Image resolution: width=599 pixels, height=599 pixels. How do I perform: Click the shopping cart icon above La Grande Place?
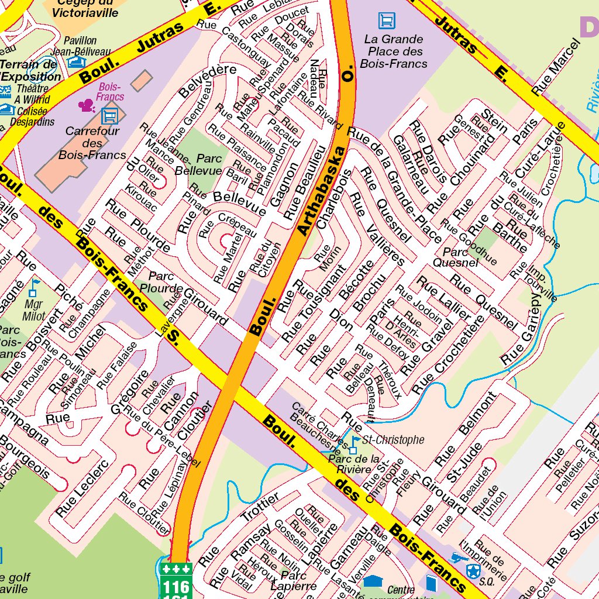pos(386,21)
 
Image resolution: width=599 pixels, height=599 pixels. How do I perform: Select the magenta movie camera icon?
pos(87,105)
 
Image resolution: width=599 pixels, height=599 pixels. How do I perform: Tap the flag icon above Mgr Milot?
pos(35,286)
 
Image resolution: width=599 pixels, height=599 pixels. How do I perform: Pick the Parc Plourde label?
pos(165,282)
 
